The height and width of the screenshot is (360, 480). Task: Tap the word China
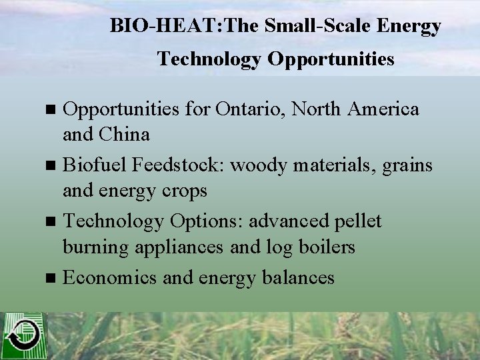125,135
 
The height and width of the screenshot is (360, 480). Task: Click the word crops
183,191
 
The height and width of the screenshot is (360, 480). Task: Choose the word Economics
110,277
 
